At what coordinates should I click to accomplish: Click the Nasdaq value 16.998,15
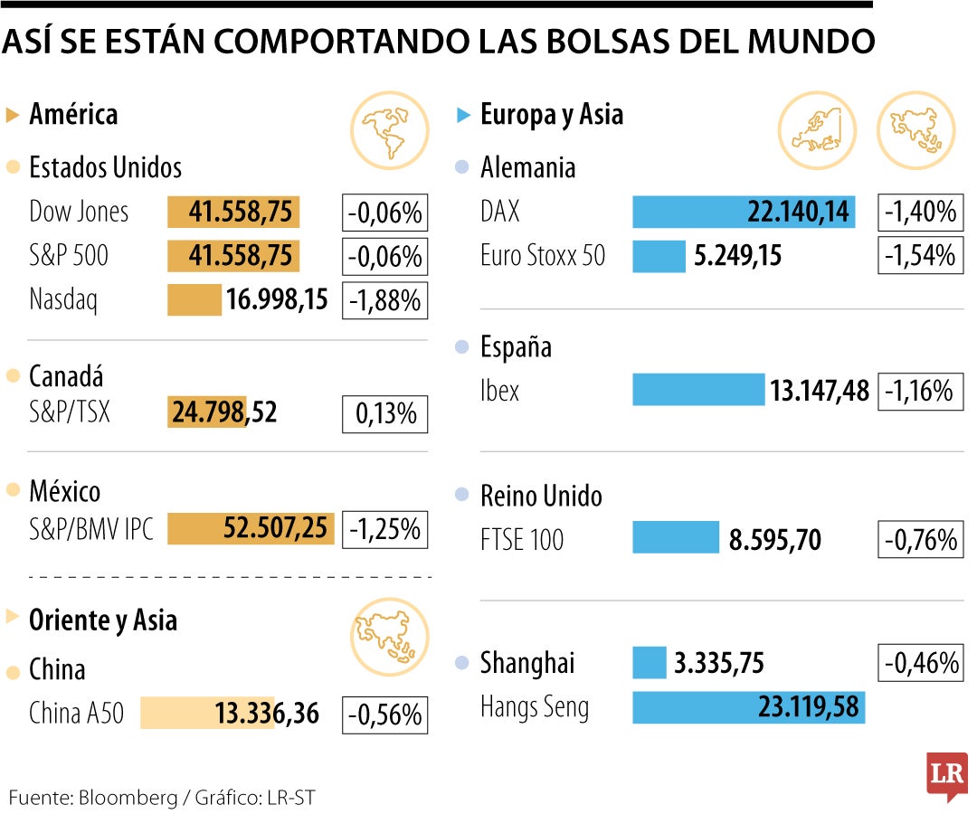point(277,299)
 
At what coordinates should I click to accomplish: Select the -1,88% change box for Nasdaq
point(384,299)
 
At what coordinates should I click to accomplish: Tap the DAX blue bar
point(743,212)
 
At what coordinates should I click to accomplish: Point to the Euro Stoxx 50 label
point(543,256)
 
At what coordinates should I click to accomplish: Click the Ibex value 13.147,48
point(820,391)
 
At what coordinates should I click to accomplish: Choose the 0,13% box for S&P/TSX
point(384,413)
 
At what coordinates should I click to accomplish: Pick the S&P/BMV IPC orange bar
point(251,528)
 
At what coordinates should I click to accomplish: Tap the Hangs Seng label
point(535,706)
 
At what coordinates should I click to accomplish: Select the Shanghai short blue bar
point(649,663)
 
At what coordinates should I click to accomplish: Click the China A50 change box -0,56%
point(384,715)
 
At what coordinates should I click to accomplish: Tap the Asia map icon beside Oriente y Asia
point(383,636)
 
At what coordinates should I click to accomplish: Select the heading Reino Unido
point(541,496)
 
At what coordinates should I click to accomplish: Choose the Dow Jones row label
point(79,212)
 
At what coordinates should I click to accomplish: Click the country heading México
point(65,491)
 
